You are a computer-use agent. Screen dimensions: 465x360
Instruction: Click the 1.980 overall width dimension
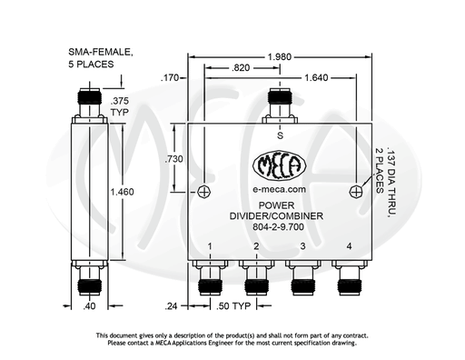(280, 56)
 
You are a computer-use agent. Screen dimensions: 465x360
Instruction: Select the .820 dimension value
(241, 68)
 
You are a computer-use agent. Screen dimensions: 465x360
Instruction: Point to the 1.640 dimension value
(316, 78)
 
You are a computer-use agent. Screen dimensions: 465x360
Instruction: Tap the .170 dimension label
(170, 78)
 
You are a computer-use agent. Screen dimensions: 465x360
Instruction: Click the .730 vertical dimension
(173, 159)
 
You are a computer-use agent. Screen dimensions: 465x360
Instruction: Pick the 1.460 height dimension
(122, 192)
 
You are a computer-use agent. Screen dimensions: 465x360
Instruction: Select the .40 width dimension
(89, 306)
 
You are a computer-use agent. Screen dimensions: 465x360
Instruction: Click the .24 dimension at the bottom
(171, 306)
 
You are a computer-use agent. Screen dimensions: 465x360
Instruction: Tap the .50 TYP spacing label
(233, 306)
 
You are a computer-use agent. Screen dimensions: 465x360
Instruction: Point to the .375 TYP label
(120, 106)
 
